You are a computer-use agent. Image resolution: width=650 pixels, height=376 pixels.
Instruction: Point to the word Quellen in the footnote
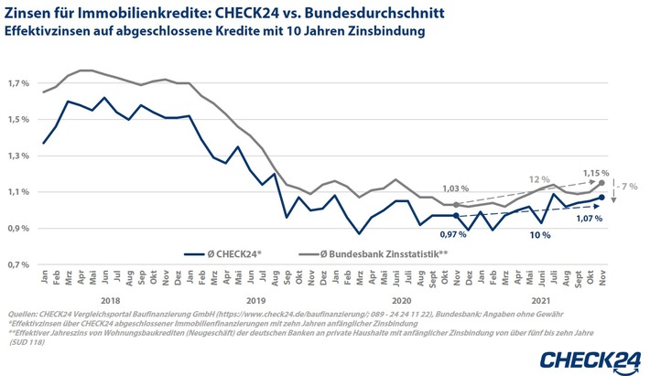[22, 312]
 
